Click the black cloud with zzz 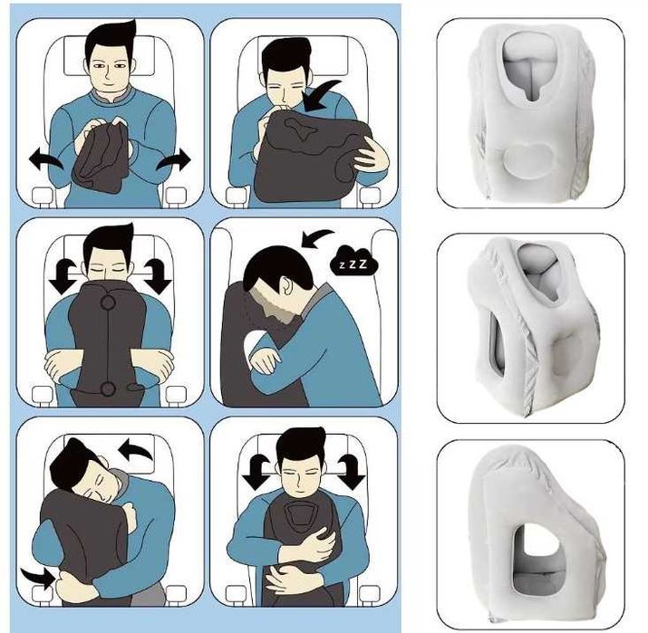coord(355,261)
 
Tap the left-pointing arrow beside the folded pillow coord(45,159)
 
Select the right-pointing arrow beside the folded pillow coord(173,159)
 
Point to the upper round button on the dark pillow coord(108,303)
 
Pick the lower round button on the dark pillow coord(108,389)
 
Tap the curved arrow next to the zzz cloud coord(317,238)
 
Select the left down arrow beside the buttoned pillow coord(63,276)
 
